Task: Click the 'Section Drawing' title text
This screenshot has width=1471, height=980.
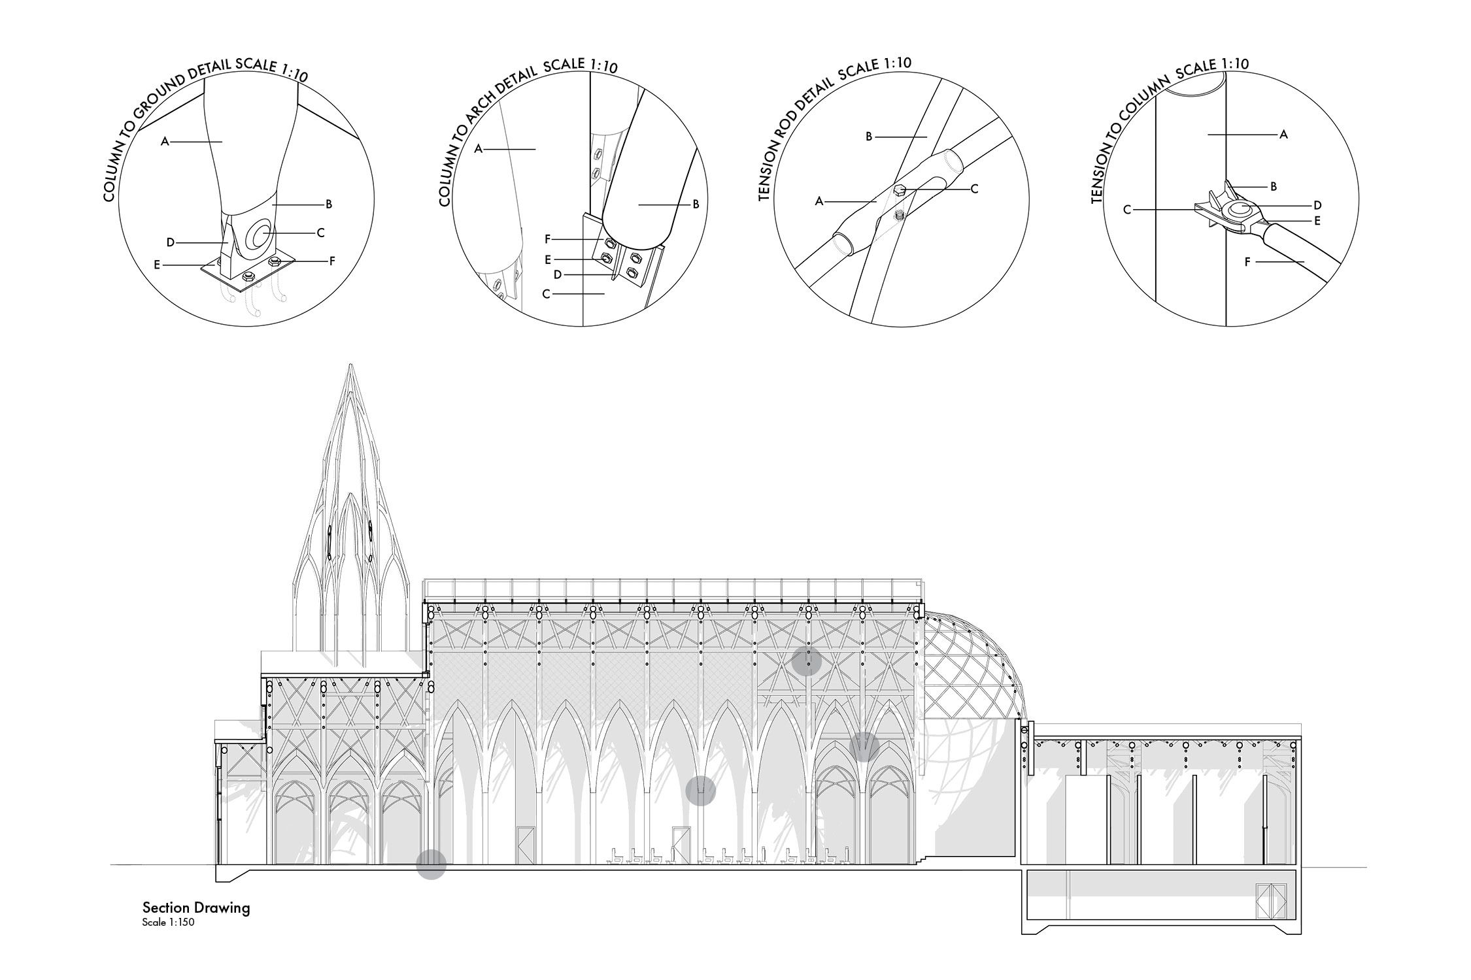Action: [196, 907]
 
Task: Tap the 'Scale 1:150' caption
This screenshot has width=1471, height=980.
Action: [168, 923]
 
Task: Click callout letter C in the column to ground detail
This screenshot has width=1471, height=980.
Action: [320, 232]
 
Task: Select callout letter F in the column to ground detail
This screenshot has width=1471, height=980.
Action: [332, 261]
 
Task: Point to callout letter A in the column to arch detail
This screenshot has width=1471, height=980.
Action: [479, 149]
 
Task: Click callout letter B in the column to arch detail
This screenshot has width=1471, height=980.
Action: [696, 204]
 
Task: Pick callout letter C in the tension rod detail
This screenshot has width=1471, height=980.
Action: [974, 189]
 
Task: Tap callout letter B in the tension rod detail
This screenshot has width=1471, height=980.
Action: [870, 137]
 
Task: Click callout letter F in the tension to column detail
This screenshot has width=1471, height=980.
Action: [1248, 263]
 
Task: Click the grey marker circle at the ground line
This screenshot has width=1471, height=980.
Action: [431, 864]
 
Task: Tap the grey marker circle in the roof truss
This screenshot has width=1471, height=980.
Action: [807, 661]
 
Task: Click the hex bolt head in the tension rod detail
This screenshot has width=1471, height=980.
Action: [900, 190]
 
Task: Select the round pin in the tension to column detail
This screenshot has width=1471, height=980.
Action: [1241, 210]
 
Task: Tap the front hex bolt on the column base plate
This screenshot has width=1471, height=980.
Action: [248, 277]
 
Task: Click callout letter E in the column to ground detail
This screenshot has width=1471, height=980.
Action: [157, 265]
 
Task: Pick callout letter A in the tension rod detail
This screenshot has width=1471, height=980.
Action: [819, 202]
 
